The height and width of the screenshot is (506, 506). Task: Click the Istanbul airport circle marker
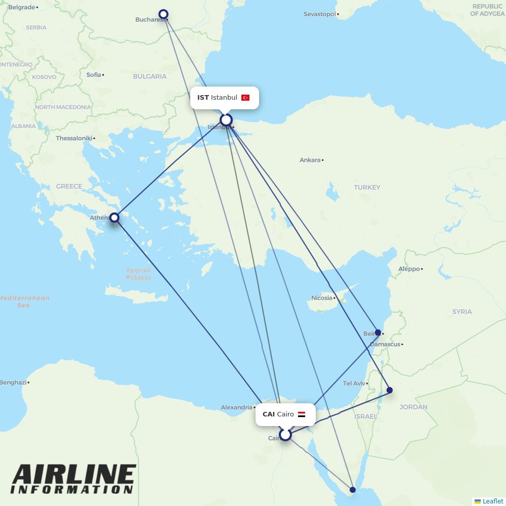tap(226, 120)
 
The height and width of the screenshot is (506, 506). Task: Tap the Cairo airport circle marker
tap(285, 435)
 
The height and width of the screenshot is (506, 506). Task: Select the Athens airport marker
tap(114, 218)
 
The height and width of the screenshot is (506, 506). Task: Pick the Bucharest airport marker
tap(163, 14)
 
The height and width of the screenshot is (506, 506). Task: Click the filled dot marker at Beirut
tap(377, 332)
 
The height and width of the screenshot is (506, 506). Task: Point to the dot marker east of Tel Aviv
tap(390, 390)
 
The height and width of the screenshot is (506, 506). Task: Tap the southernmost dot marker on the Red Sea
tap(353, 489)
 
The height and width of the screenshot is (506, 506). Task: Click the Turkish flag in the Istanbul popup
tap(245, 98)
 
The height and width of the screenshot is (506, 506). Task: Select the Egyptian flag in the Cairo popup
tap(302, 414)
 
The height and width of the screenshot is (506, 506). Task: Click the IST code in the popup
tap(203, 98)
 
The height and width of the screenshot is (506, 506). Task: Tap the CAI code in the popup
tap(269, 414)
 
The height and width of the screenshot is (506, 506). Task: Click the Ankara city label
tap(310, 160)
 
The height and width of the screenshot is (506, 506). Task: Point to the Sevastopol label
tap(319, 14)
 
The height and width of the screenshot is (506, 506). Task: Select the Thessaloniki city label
tap(74, 138)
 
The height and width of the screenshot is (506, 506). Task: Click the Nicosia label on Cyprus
tap(322, 298)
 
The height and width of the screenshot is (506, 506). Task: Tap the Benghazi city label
tap(13, 383)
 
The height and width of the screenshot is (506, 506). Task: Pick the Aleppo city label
tap(409, 269)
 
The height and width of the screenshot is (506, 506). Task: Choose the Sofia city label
tap(94, 75)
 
